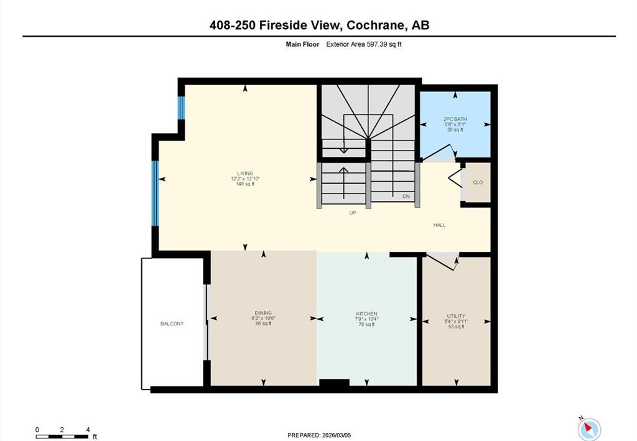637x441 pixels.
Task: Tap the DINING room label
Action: click(x=263, y=313)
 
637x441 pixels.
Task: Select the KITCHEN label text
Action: click(x=366, y=313)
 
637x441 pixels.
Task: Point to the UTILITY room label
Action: click(x=456, y=316)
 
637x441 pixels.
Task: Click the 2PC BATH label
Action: click(x=455, y=119)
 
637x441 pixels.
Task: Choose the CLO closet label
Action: click(x=478, y=182)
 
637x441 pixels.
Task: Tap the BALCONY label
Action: click(x=172, y=323)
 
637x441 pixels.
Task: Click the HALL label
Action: click(x=440, y=225)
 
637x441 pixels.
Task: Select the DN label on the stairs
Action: click(x=406, y=196)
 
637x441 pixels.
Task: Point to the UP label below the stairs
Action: click(x=352, y=213)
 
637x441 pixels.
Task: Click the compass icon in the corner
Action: click(x=589, y=429)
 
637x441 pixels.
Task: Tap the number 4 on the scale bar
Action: click(x=88, y=430)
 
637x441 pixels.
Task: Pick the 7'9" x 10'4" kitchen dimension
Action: click(x=366, y=319)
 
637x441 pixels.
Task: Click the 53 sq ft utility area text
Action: click(x=456, y=326)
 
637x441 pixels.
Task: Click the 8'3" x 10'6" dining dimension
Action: click(x=263, y=318)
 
